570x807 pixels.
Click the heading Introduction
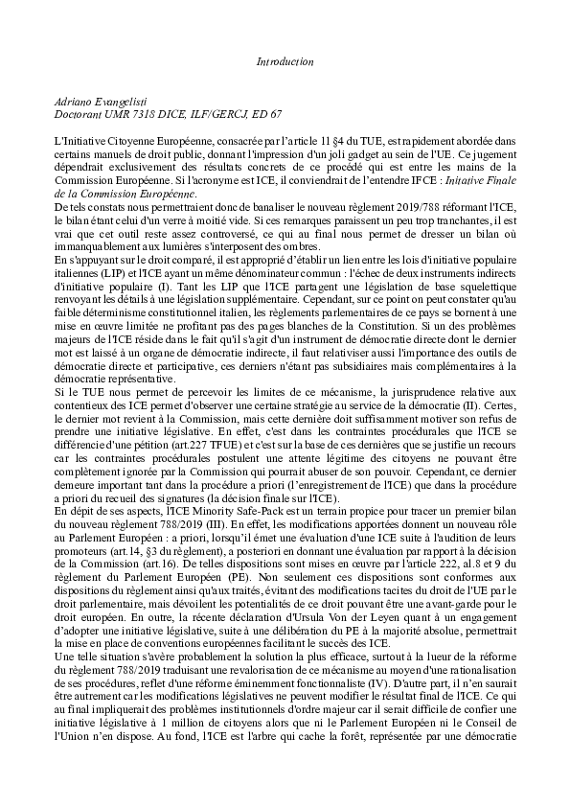[x=285, y=61]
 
